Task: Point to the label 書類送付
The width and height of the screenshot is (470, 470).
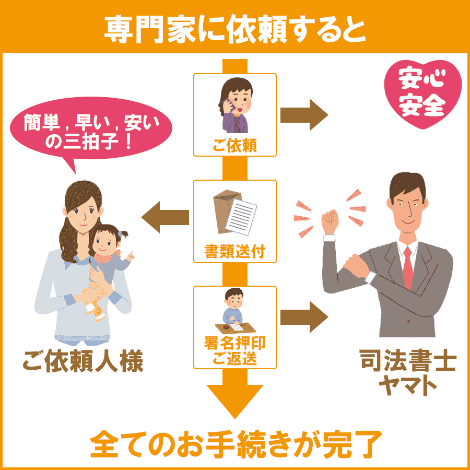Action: pos(234,252)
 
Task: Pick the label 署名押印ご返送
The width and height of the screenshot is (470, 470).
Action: pos(234,351)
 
